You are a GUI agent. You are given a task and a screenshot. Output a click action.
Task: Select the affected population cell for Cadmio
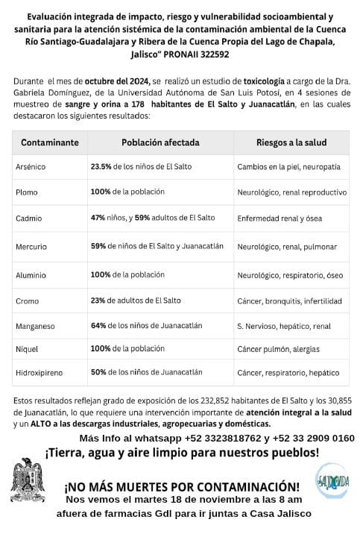[152, 217]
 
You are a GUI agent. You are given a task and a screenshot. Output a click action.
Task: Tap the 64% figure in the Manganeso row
[99, 325]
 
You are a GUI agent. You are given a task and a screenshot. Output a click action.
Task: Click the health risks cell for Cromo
[289, 301]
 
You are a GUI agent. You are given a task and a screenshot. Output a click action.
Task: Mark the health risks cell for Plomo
[291, 192]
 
